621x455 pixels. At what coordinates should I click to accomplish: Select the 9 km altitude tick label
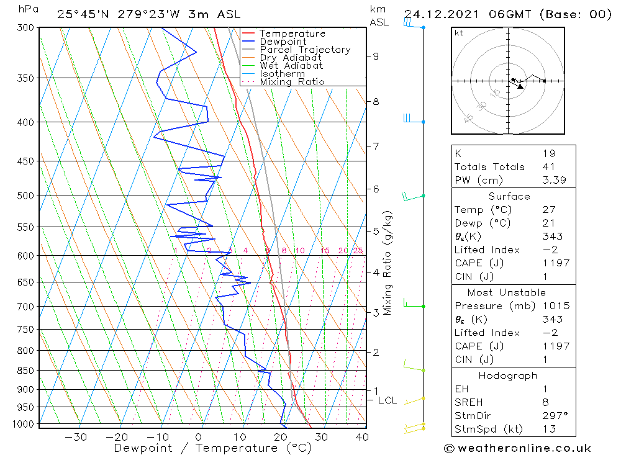point(376,56)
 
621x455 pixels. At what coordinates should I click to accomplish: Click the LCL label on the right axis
point(387,400)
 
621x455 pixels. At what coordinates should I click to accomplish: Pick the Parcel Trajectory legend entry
point(305,50)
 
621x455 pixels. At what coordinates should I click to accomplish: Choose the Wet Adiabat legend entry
point(291,66)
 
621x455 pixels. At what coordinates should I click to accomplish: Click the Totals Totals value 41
point(548,167)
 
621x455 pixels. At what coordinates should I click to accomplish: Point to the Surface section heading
point(509,197)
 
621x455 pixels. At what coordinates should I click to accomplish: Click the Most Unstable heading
point(507,292)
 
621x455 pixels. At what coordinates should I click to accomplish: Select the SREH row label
point(469,402)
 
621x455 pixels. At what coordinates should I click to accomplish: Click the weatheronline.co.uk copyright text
point(518,448)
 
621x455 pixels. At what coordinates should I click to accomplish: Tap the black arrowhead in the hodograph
point(520,86)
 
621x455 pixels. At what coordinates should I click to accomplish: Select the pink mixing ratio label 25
point(358,251)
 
